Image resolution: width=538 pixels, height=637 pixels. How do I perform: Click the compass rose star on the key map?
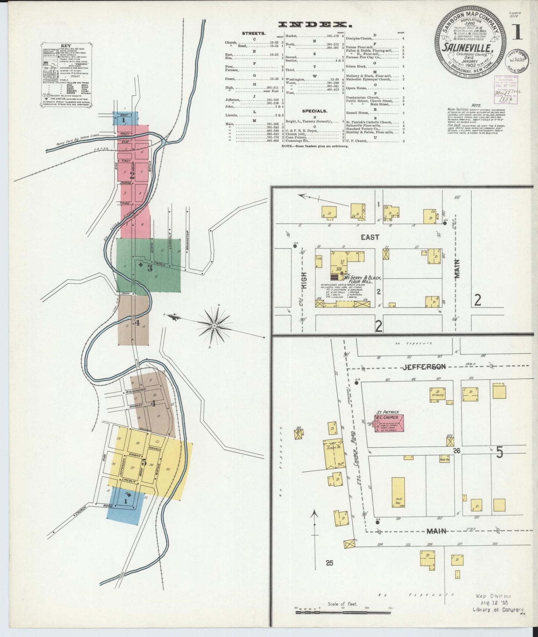tap(214, 326)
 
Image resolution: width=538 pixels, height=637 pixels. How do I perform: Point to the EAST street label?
tap(370, 237)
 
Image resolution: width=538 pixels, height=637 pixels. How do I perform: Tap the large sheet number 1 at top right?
tap(517, 33)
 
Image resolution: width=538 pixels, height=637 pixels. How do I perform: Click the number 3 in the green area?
tap(149, 267)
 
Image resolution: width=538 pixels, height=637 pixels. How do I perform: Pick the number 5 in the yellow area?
tap(144, 463)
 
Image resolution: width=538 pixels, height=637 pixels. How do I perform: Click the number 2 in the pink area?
tap(132, 173)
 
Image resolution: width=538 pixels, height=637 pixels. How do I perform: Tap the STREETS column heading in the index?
tap(254, 33)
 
